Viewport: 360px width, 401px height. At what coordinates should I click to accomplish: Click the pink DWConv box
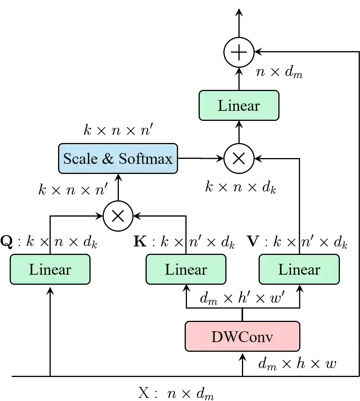(x=242, y=336)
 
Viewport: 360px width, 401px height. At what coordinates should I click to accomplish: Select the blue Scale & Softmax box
(x=118, y=158)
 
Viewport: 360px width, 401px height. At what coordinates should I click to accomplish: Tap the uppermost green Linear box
(x=238, y=105)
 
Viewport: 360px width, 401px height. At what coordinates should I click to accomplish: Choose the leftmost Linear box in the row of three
(x=50, y=269)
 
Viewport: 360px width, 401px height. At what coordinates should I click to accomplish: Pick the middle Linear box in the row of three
(x=186, y=269)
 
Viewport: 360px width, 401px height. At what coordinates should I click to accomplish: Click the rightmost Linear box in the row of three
(x=299, y=269)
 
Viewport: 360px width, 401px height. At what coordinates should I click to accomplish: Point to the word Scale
(x=80, y=158)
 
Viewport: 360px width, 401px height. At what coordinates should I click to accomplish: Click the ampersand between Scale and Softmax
(x=108, y=158)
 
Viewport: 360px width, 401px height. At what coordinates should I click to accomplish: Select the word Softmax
(x=146, y=158)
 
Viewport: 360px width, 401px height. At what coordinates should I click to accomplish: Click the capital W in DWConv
(x=229, y=337)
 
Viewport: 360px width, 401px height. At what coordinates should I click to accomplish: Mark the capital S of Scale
(x=67, y=158)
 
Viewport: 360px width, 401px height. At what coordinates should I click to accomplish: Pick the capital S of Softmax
(x=123, y=158)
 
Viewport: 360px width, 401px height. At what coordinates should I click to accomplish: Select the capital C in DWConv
(x=243, y=337)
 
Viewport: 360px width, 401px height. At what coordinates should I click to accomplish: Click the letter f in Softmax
(x=138, y=158)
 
